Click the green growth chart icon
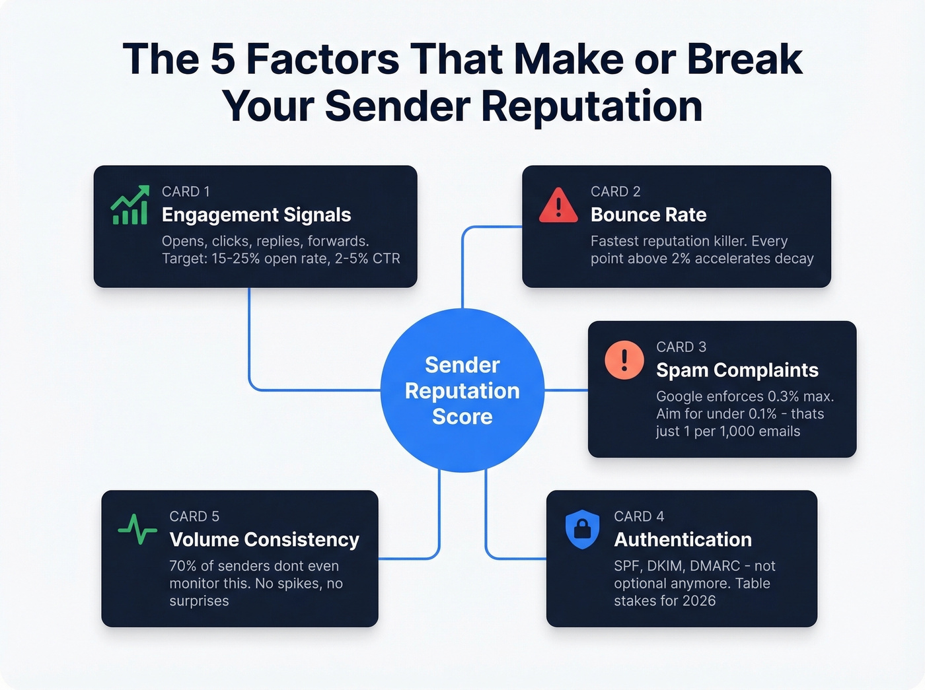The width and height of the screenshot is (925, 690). click(x=129, y=205)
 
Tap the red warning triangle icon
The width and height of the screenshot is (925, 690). click(x=558, y=205)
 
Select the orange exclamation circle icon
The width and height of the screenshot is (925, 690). click(x=624, y=360)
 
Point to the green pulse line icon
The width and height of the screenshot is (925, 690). click(x=137, y=529)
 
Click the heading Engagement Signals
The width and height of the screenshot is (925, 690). click(x=256, y=215)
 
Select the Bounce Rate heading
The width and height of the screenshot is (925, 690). click(x=648, y=215)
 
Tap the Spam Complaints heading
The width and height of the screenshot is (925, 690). click(x=737, y=370)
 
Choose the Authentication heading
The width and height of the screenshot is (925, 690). click(x=683, y=539)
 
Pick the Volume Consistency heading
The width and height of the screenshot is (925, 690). click(x=264, y=539)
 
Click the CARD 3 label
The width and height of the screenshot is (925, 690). click(x=681, y=347)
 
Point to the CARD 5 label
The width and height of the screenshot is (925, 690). click(x=194, y=516)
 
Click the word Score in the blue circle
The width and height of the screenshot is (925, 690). click(x=462, y=417)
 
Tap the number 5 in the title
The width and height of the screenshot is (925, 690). click(x=223, y=59)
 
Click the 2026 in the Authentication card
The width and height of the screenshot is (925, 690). click(x=699, y=601)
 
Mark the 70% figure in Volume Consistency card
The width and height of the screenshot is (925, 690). click(x=183, y=566)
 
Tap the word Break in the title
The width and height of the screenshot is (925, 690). click(x=745, y=59)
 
